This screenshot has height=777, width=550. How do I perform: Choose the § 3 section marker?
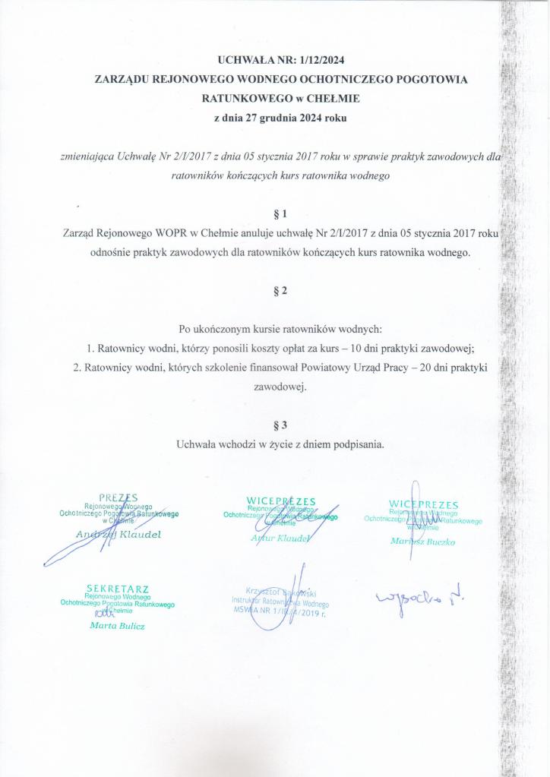point(280,425)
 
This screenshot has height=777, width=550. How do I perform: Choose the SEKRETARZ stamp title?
point(118,588)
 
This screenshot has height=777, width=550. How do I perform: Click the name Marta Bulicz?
point(117,626)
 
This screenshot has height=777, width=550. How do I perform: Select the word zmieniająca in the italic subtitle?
point(88,157)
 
